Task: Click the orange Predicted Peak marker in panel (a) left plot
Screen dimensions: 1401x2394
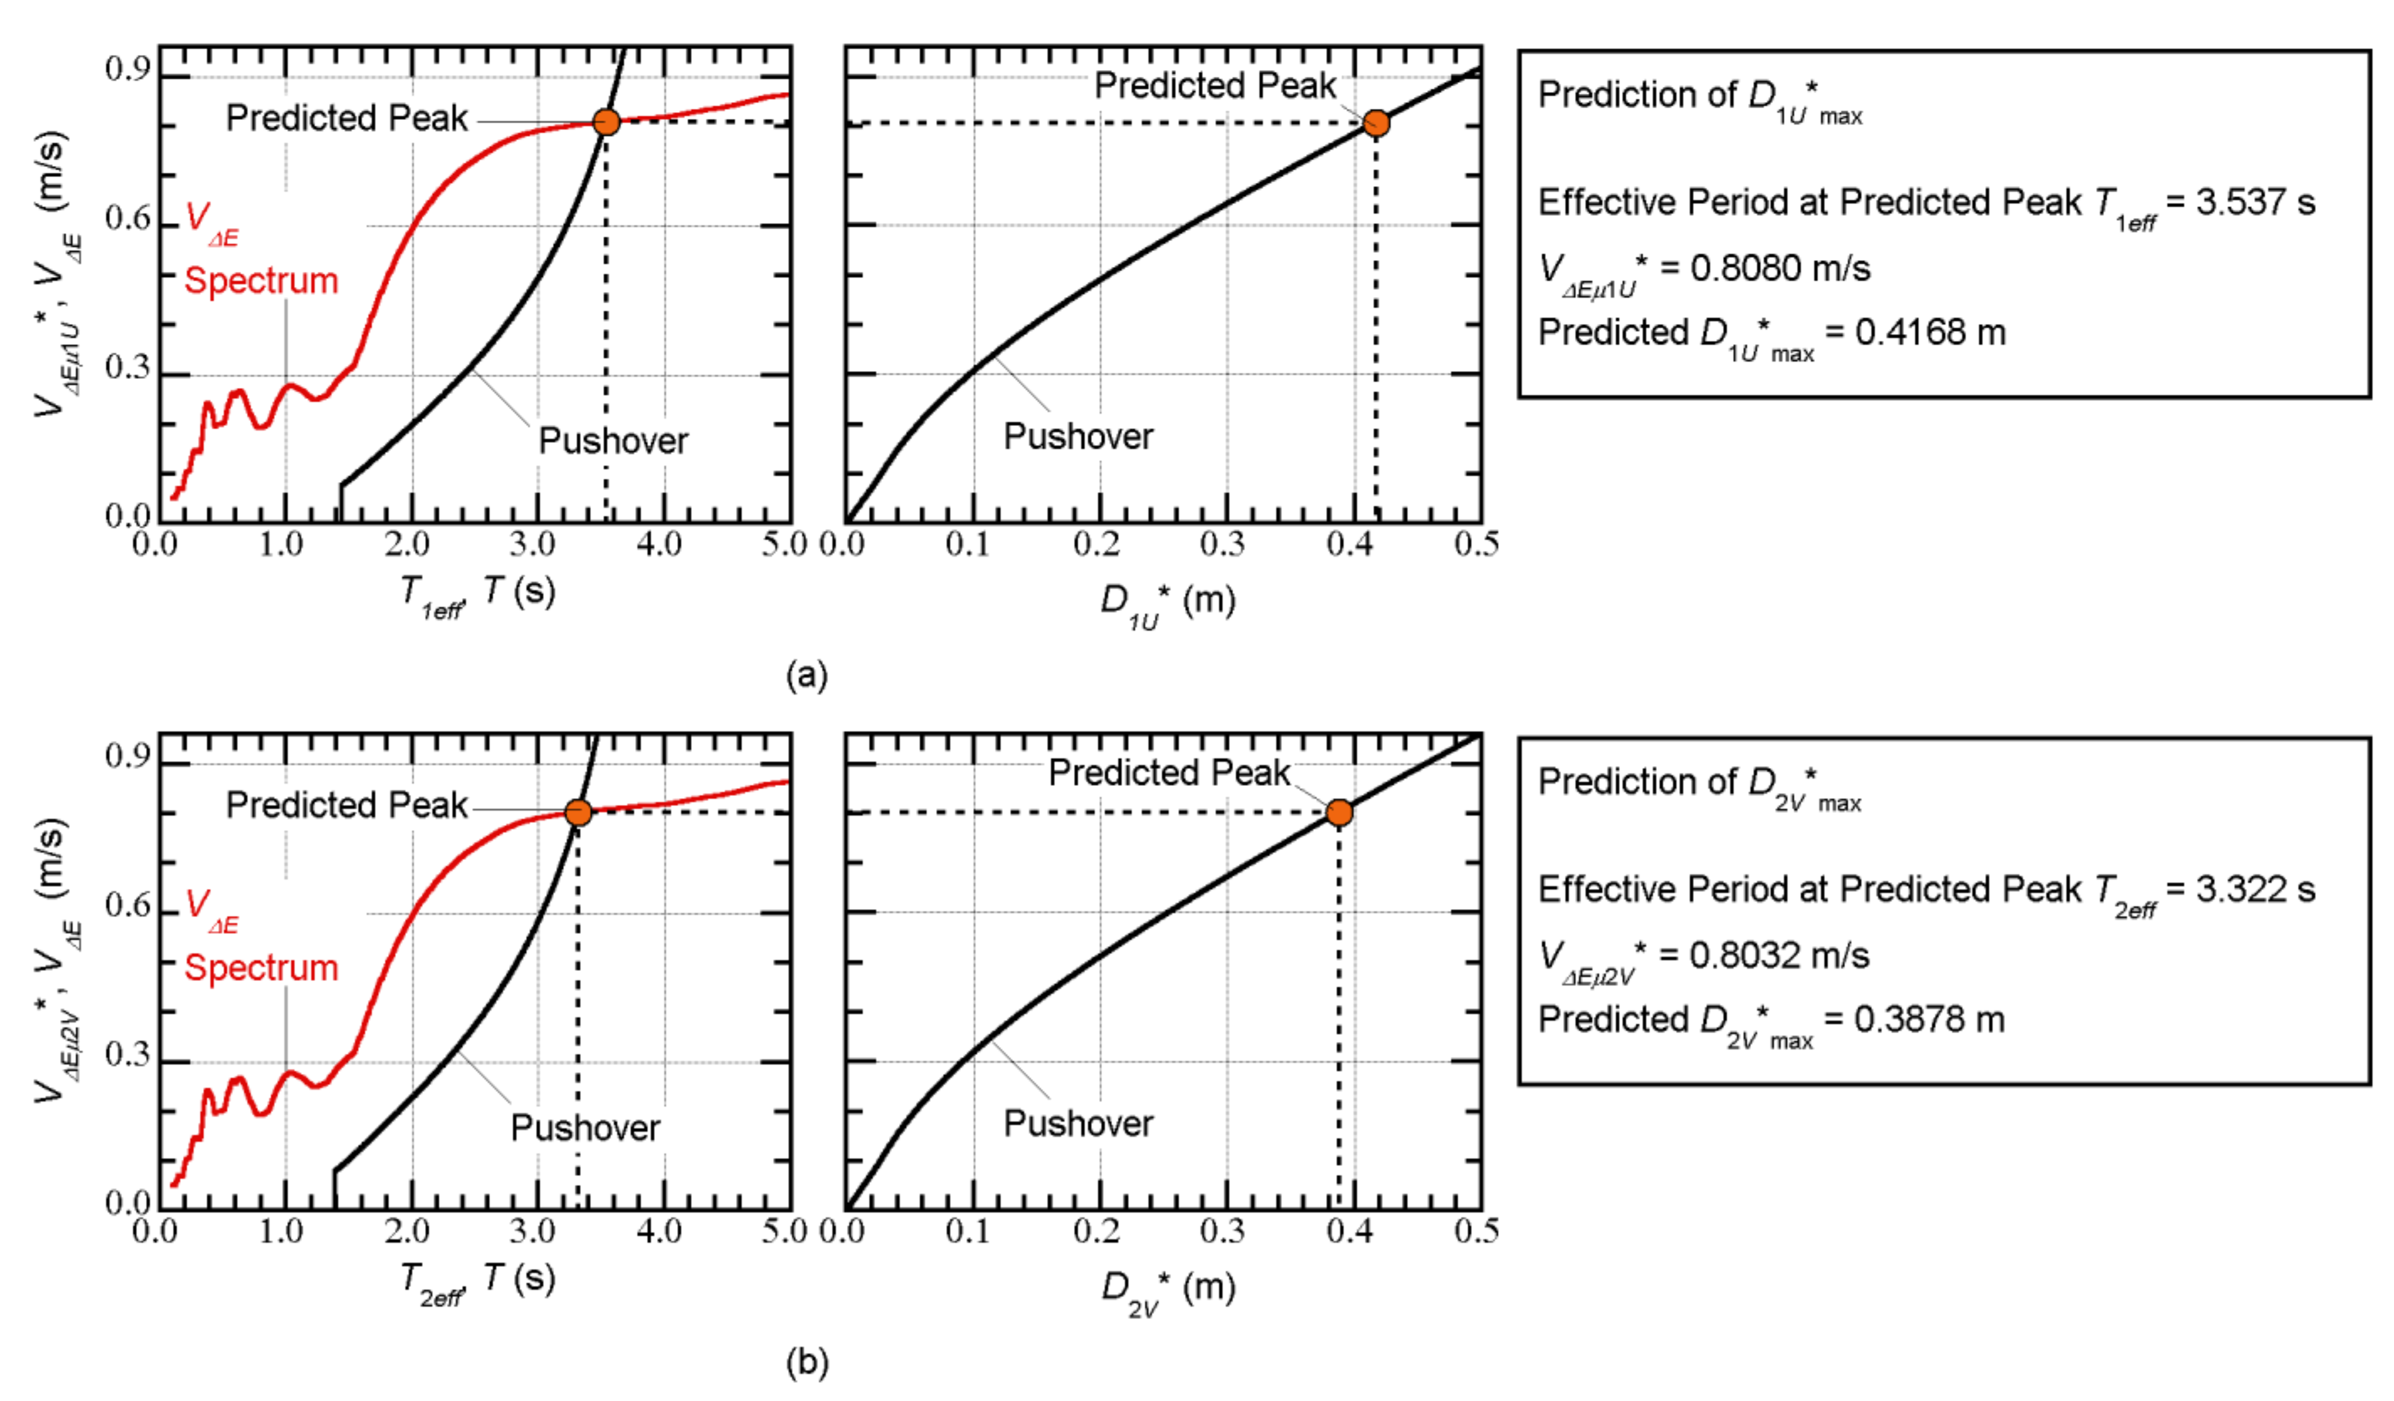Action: pyautogui.click(x=606, y=122)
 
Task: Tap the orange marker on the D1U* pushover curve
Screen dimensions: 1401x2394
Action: pyautogui.click(x=1376, y=123)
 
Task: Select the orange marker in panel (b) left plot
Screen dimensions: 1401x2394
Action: pyautogui.click(x=578, y=812)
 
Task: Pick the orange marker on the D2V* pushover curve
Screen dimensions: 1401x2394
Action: pyautogui.click(x=1339, y=812)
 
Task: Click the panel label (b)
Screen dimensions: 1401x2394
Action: pyautogui.click(x=806, y=1362)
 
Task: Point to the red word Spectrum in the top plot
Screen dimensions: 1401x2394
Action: pyautogui.click(x=261, y=281)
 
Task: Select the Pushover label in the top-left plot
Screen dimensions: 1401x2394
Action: pyautogui.click(x=613, y=440)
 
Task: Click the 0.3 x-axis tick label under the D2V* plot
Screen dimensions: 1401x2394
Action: pyautogui.click(x=1223, y=1231)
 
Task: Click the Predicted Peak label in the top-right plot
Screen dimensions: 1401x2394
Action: pyautogui.click(x=1215, y=86)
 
